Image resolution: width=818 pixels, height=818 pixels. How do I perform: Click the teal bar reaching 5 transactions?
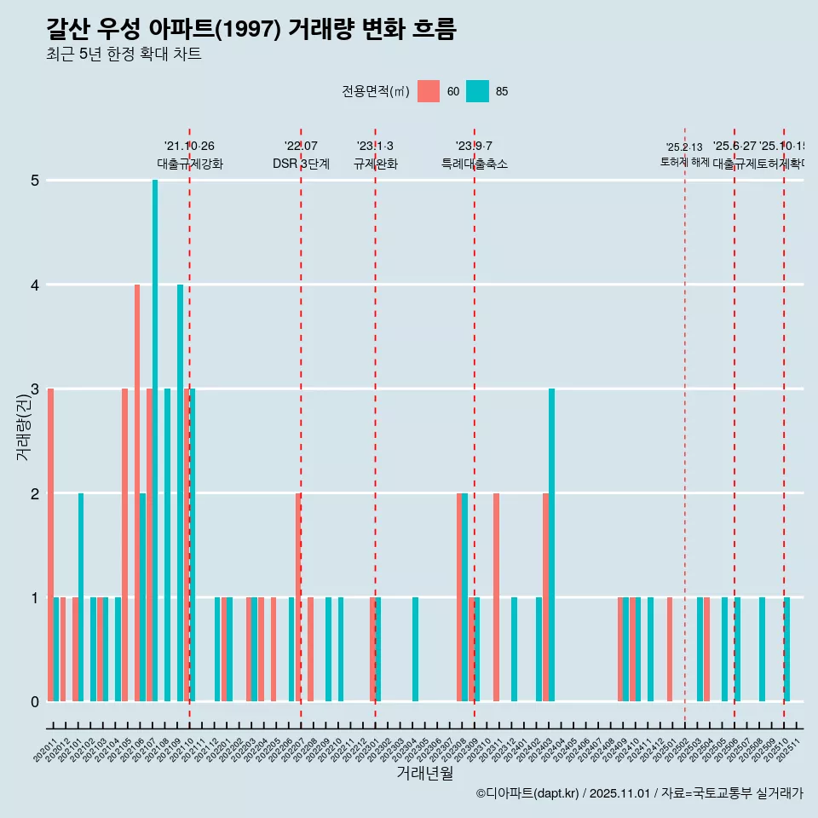(x=155, y=441)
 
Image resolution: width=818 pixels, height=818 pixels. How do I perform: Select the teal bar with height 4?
(x=180, y=493)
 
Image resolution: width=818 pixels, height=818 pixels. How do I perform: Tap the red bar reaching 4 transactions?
(x=137, y=493)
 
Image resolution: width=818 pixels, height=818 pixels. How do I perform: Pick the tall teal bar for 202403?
(x=551, y=545)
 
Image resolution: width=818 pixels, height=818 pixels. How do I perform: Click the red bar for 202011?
(x=51, y=545)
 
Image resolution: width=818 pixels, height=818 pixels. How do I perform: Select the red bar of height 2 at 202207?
(x=298, y=596)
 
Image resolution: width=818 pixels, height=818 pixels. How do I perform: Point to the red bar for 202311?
(x=496, y=596)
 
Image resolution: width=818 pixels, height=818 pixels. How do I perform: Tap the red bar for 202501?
(x=670, y=649)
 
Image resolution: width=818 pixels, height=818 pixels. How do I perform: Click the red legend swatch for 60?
(x=429, y=91)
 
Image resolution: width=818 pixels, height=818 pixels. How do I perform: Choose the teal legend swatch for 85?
(x=478, y=91)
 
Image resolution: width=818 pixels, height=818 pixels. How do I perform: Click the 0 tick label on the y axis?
(x=35, y=702)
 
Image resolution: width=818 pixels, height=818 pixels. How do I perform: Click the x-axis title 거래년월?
(x=424, y=773)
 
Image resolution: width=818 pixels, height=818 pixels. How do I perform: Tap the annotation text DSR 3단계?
(x=301, y=164)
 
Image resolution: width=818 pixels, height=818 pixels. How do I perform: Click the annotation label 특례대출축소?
(x=474, y=164)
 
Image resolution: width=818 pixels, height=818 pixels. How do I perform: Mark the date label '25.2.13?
(x=684, y=147)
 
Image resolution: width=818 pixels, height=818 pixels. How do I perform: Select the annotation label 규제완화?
(x=375, y=164)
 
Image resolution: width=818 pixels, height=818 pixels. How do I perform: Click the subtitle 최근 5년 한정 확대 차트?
(x=124, y=55)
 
